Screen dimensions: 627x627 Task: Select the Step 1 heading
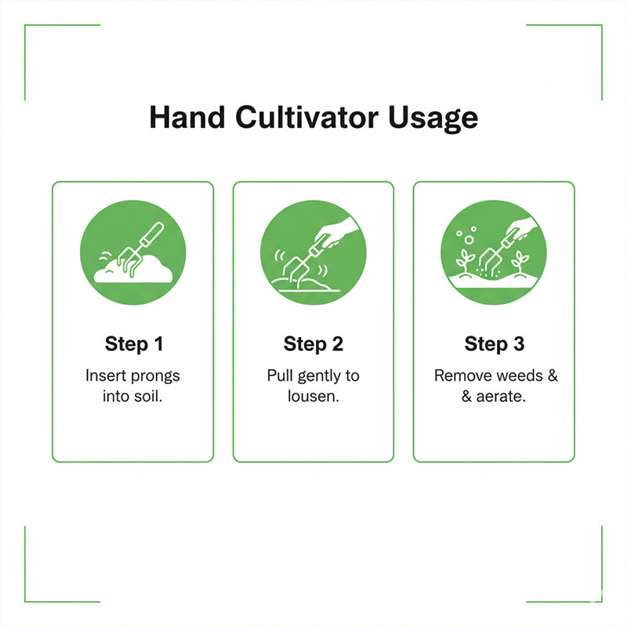132,344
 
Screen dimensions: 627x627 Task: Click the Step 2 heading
313,344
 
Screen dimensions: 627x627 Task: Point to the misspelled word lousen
313,396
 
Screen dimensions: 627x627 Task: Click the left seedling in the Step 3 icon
464,261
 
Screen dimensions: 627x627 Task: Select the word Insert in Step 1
104,375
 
